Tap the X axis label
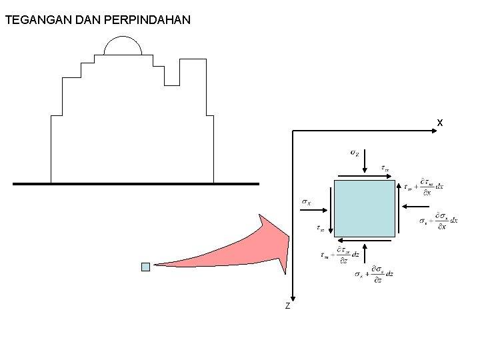point(440,123)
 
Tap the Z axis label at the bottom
point(287,306)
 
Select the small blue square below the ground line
point(145,267)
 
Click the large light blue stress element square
point(364,208)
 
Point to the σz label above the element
point(355,153)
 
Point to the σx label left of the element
point(306,201)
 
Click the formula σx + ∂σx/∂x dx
point(438,221)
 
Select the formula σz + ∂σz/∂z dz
point(374,275)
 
